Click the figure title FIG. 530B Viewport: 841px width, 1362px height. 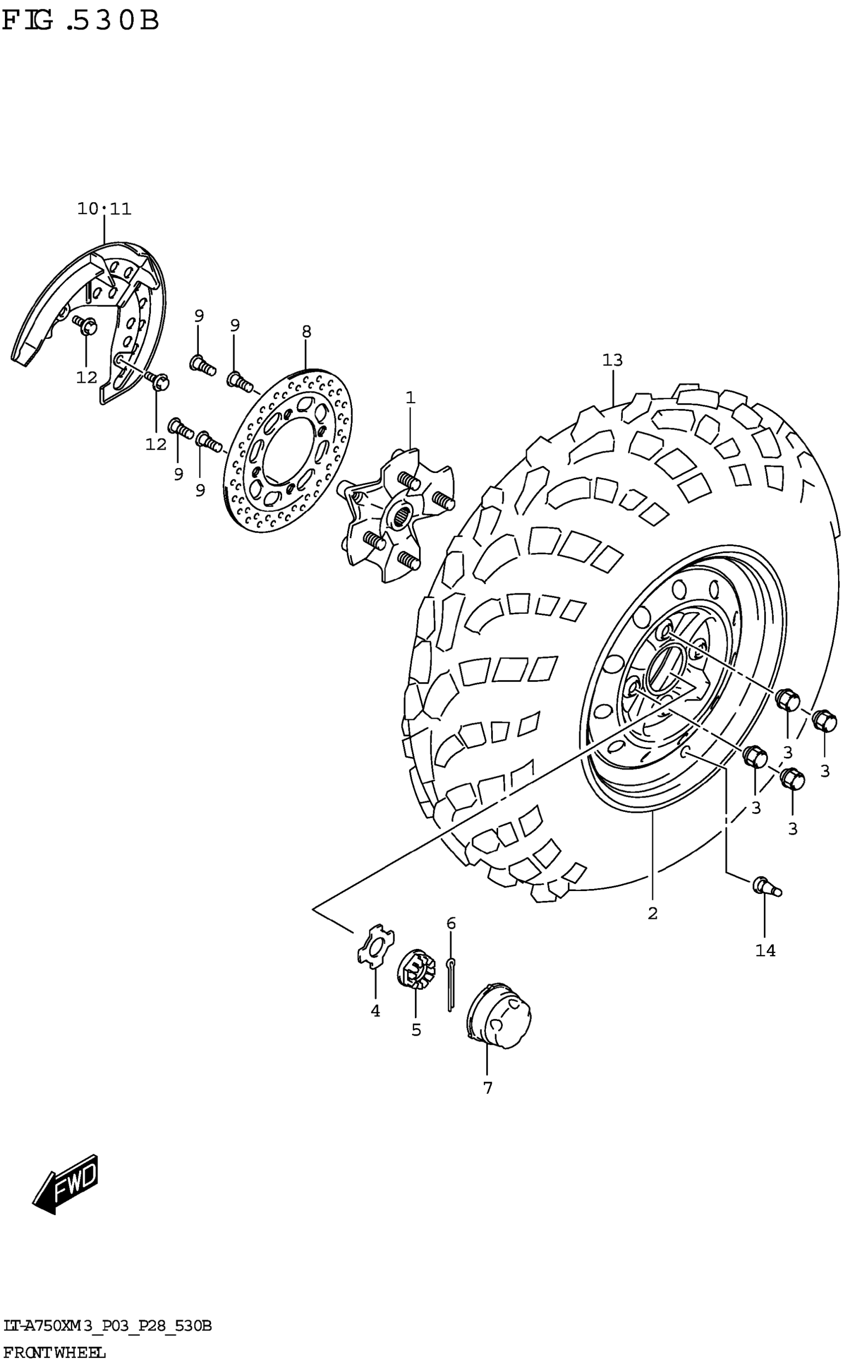pos(81,21)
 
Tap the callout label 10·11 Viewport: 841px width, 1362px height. pos(104,209)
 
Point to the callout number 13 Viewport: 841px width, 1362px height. pos(612,360)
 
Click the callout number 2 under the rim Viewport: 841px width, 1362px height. pos(653,913)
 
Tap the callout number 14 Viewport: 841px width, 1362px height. pos(765,950)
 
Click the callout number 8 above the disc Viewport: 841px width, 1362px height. pos(307,332)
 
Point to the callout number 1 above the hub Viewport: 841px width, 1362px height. pos(410,398)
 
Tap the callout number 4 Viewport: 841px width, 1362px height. pos(375,1011)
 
